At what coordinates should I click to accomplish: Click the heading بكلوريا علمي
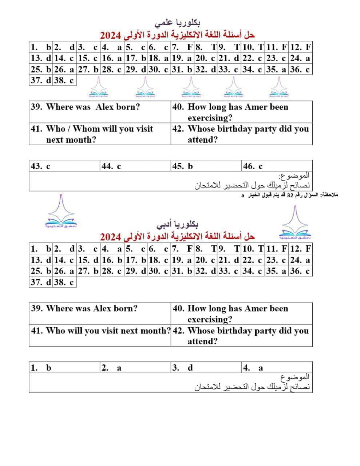coord(177,23)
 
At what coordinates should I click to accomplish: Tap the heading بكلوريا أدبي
coord(177,224)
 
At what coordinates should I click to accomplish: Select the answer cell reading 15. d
coord(88,260)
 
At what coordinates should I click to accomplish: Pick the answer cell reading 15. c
coord(88,58)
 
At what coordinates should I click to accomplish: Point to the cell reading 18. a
coord(159,58)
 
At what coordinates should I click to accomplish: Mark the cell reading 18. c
coord(159,260)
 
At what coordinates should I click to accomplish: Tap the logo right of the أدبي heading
coord(294,223)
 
